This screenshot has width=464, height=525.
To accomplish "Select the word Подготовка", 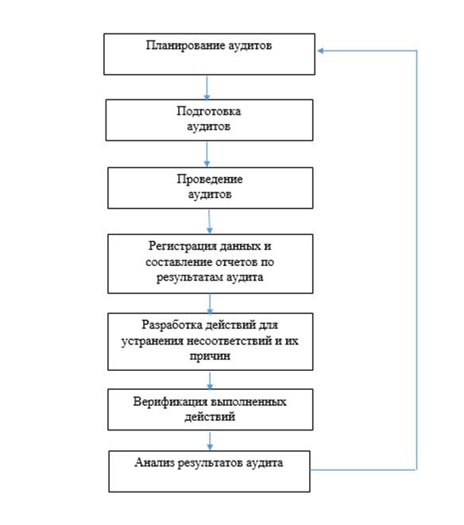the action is tap(209, 111).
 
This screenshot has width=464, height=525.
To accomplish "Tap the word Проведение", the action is tap(210, 180).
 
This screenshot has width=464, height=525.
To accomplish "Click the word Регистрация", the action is tap(182, 246).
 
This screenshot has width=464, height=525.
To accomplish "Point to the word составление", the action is tap(179, 262).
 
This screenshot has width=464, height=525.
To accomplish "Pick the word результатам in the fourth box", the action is tap(189, 277).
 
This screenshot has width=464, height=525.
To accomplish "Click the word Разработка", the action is tap(172, 325).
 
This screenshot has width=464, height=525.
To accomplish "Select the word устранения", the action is tap(152, 342).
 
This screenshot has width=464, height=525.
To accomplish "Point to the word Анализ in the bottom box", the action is tap(154, 463).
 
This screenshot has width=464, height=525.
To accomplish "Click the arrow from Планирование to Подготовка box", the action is tap(207, 87).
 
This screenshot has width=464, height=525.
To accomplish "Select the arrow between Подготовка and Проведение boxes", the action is tap(207, 154).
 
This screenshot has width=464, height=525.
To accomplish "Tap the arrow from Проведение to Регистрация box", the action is tap(209, 222).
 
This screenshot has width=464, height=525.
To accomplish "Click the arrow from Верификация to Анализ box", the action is tap(210, 441).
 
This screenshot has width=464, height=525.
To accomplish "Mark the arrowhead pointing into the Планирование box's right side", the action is tap(320, 51).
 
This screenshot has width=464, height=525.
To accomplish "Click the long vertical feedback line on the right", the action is tap(416, 261).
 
